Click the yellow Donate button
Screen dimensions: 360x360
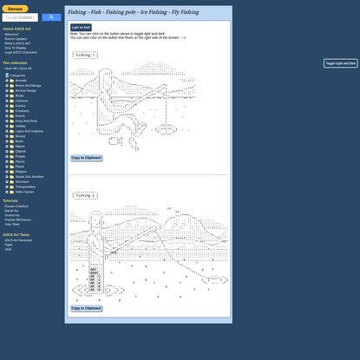click(16, 9)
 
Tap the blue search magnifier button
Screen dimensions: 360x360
click(51, 17)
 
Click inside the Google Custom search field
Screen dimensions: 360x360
click(21, 17)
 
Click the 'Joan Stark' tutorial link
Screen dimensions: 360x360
click(13, 224)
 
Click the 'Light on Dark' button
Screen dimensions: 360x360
click(81, 27)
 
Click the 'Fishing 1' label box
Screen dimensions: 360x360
click(84, 55)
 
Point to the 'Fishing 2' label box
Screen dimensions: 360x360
click(84, 195)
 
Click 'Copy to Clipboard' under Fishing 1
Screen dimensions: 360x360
click(86, 158)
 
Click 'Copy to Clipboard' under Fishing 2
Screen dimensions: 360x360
click(86, 308)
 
